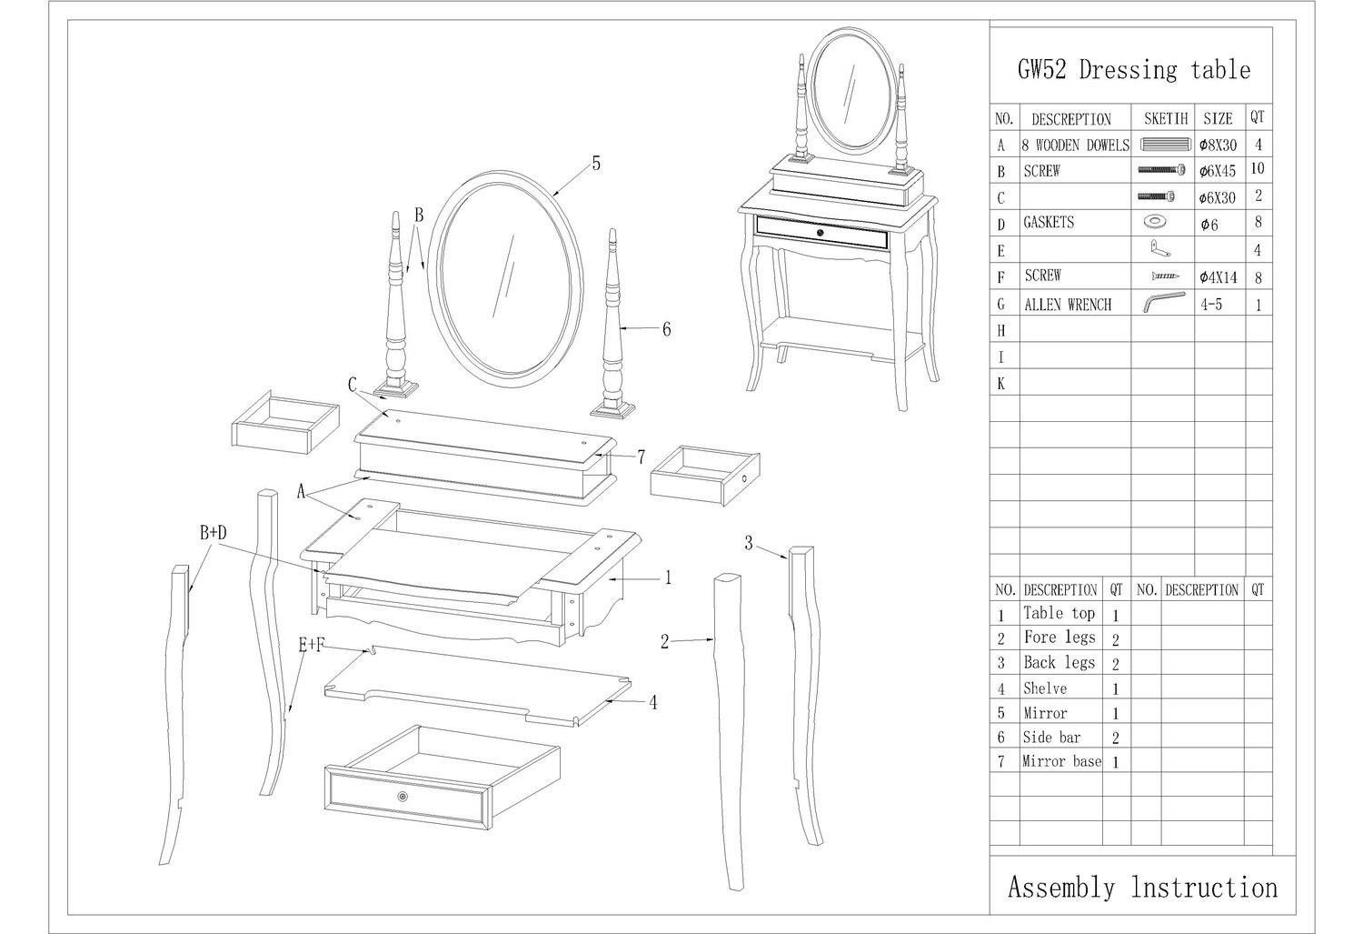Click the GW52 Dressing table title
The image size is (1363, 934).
click(x=1134, y=70)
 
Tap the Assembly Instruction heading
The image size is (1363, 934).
click(x=1143, y=887)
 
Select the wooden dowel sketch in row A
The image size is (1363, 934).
click(x=1165, y=145)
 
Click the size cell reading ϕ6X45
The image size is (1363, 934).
click(x=1218, y=171)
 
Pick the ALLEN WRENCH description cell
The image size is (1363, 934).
click(x=1068, y=305)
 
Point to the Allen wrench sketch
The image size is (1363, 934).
click(x=1164, y=302)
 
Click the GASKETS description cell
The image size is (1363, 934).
click(x=1049, y=222)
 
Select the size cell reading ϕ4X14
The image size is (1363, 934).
click(x=1219, y=277)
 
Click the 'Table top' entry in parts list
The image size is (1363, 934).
click(x=1059, y=613)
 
